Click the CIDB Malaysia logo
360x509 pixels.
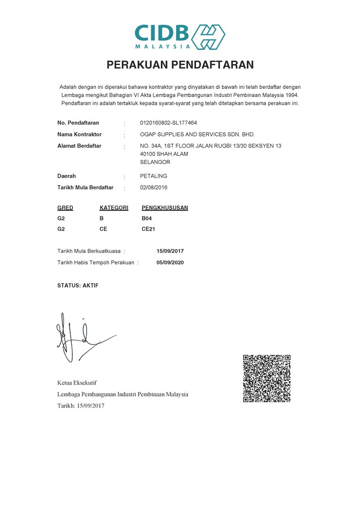click(180, 36)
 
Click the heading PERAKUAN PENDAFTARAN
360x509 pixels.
click(180, 65)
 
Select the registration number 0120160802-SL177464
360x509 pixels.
click(168, 123)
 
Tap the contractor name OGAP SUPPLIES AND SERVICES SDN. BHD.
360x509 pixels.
click(197, 134)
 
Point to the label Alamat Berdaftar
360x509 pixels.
click(79, 146)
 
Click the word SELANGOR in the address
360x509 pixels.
click(155, 162)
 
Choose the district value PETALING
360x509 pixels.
click(153, 176)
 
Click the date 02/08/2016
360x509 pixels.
click(153, 188)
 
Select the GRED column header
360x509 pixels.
click(65, 208)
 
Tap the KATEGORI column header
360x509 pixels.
click(114, 208)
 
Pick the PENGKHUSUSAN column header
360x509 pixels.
click(164, 208)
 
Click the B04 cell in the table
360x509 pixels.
click(147, 218)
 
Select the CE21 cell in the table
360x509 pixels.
click(148, 229)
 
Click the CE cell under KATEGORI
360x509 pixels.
click(103, 229)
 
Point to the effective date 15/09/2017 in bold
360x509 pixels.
click(170, 251)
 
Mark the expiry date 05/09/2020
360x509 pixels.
click(170, 263)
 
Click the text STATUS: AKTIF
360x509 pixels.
click(78, 286)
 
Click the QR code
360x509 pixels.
click(266, 378)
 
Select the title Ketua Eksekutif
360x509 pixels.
click(77, 382)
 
